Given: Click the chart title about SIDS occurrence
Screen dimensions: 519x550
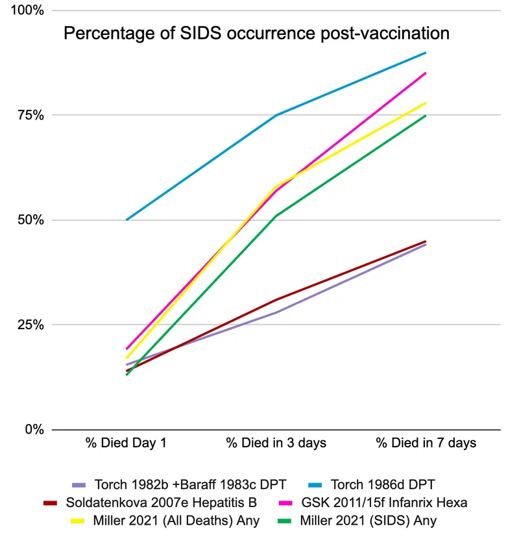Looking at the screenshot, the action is click(x=256, y=34).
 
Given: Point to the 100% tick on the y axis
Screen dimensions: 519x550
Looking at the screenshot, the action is click(x=27, y=10).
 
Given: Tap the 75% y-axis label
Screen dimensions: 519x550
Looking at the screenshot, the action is click(x=31, y=115).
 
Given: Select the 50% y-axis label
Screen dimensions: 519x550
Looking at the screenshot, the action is click(x=31, y=220).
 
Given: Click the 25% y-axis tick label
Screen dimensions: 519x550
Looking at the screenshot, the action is click(x=31, y=325).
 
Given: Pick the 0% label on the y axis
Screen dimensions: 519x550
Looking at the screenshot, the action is click(x=34, y=429).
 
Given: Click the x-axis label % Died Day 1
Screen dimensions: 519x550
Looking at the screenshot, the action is click(x=126, y=443).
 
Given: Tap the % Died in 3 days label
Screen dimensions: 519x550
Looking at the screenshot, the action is click(x=276, y=443).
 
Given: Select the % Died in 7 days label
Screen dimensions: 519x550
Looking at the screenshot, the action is click(x=426, y=443).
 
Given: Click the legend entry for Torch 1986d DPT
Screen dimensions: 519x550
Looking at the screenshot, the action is click(x=372, y=485).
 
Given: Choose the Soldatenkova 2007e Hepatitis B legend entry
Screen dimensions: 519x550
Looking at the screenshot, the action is click(x=150, y=503).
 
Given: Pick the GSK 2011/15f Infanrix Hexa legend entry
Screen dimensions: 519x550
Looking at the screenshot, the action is click(x=373, y=503).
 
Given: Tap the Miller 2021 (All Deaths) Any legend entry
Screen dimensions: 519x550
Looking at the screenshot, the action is click(x=165, y=521).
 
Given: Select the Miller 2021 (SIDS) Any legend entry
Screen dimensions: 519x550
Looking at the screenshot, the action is click(x=357, y=521).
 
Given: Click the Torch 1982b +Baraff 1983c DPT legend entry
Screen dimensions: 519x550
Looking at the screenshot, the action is click(x=179, y=485).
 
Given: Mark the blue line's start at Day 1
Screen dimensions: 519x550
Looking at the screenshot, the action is click(x=127, y=220).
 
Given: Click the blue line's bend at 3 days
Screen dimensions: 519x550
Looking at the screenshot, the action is click(x=276, y=115).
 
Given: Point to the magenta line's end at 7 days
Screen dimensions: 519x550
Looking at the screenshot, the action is click(x=426, y=73).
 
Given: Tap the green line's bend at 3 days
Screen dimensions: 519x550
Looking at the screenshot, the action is click(x=276, y=216).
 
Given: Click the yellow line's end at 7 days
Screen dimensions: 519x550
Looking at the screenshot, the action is click(x=426, y=103).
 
